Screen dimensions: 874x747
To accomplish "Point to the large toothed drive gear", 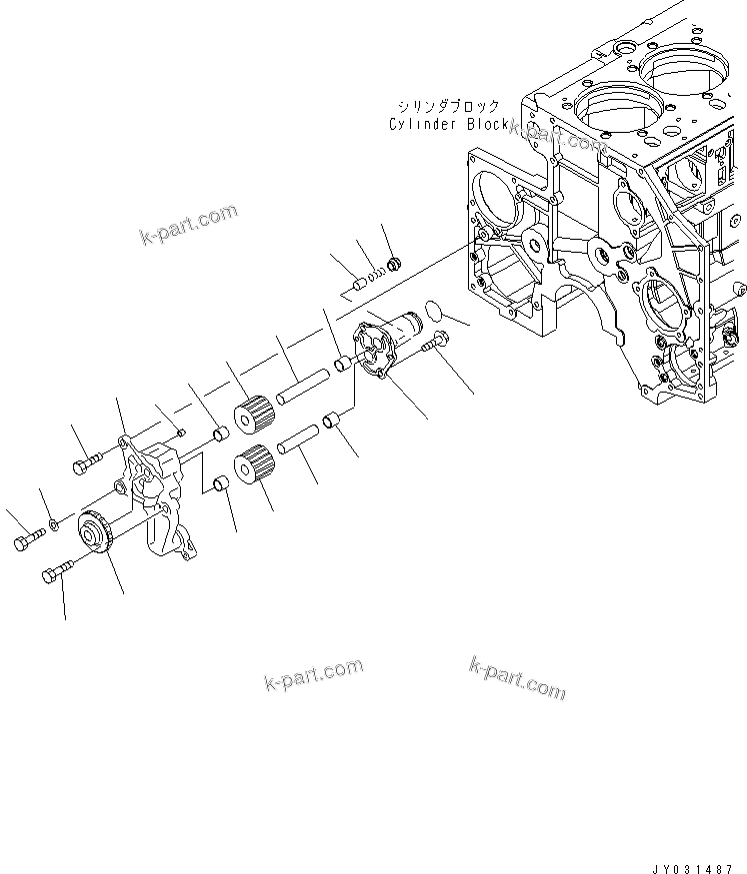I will coord(99,529).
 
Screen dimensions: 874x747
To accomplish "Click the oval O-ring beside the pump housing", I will coord(433,311).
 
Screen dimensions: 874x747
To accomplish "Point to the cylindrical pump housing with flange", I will coord(385,349).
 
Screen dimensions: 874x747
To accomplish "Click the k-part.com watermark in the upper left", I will coord(189,224).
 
